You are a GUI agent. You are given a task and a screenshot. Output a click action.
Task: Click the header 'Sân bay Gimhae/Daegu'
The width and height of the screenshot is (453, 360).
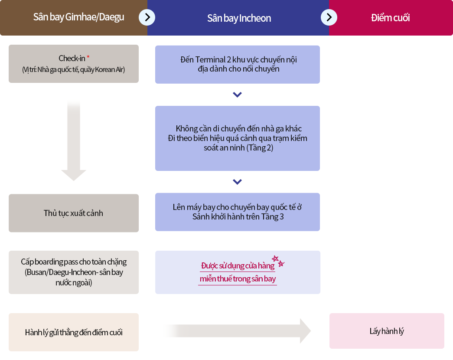coord(78,17)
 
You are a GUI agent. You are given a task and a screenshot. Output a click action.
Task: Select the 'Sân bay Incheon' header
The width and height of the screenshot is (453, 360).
coord(239,18)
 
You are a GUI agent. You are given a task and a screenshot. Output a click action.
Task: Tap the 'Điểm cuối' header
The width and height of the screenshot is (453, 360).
coord(390,18)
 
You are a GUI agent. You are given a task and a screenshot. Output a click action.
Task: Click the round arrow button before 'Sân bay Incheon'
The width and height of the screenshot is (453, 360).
coord(147,17)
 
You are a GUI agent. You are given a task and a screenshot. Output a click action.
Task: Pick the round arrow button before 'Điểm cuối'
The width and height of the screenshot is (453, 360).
coord(329,17)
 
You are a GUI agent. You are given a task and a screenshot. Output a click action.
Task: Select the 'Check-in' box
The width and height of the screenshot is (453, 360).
coord(74,63)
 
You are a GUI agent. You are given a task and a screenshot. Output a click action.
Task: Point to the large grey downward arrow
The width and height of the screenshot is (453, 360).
coord(74,141)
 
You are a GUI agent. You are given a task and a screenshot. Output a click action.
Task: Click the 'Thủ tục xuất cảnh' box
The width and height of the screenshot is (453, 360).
coord(74,213)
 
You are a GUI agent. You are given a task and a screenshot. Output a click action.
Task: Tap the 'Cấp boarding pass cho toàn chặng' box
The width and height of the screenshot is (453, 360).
coord(74,272)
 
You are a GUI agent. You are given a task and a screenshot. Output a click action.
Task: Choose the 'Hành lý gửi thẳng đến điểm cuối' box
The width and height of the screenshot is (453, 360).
coord(74,332)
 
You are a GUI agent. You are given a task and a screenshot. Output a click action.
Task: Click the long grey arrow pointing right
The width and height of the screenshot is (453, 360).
coord(237,331)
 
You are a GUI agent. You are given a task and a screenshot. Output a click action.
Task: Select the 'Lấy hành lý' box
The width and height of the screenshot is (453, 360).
coord(387,331)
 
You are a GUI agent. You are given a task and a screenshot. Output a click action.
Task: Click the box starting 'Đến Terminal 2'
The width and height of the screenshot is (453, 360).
coord(238,64)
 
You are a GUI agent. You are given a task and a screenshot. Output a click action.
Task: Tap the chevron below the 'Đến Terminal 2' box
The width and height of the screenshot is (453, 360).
coord(237,95)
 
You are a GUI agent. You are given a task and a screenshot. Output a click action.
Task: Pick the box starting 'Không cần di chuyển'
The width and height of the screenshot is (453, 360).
coord(238,138)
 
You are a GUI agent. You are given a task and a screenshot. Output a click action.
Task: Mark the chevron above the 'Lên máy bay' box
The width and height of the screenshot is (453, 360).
coord(237,182)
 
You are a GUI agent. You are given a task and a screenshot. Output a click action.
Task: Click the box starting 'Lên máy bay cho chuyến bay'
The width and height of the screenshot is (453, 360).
coord(238,212)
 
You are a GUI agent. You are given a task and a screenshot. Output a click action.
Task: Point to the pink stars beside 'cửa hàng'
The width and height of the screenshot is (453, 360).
coord(278,261)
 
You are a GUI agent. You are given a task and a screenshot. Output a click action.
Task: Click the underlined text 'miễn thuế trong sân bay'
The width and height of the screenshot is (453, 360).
coord(238,279)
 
